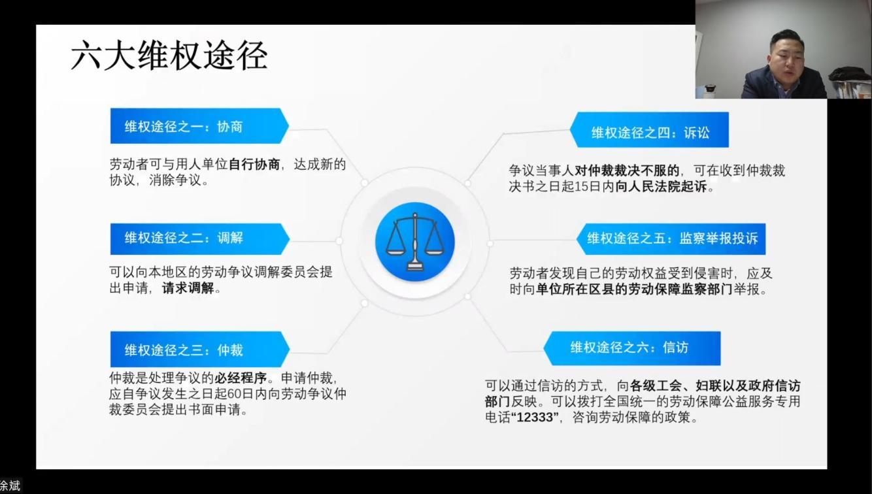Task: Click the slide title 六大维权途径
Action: [169, 56]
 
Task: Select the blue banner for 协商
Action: [199, 125]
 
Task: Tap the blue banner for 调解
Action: [200, 239]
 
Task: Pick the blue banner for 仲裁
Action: [200, 349]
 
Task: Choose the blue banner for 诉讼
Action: [649, 129]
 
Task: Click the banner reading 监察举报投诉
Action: [671, 239]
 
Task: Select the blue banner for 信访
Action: [632, 348]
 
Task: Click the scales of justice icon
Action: [415, 241]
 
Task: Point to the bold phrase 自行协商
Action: [254, 164]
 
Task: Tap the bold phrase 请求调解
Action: [188, 288]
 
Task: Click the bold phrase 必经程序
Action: [241, 378]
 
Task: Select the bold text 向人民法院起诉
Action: [661, 187]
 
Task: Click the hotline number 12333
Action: [535, 418]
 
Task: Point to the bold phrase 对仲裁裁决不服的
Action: [627, 171]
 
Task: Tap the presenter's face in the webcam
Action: [786, 59]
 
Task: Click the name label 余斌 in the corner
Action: [9, 486]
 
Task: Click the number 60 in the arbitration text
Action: [235, 394]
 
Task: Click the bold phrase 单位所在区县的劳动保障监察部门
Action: [634, 289]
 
